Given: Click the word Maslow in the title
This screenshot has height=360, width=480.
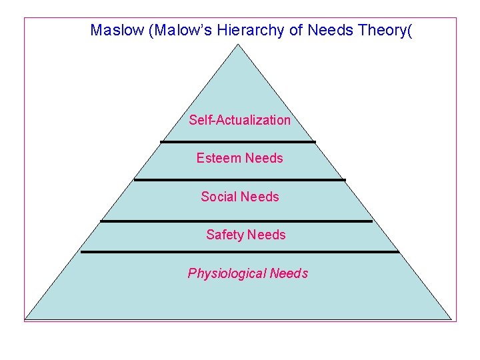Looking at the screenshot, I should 118,30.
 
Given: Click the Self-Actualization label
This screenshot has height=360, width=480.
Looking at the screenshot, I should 239,120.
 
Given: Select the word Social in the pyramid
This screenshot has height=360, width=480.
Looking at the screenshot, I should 219,197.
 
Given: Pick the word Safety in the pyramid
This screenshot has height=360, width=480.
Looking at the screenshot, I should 225,235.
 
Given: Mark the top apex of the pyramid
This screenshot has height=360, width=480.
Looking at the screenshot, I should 238,45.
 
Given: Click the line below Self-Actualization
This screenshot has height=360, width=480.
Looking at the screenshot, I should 238,141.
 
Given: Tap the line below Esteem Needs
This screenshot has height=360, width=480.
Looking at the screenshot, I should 239,179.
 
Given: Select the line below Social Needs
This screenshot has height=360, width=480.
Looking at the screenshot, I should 236,221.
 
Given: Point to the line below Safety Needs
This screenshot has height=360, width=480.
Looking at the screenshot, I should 239,252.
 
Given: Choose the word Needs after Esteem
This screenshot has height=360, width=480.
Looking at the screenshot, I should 264,158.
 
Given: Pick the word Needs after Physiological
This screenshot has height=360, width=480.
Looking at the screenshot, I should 289,273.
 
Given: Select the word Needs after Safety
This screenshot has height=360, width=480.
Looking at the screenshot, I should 266,235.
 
